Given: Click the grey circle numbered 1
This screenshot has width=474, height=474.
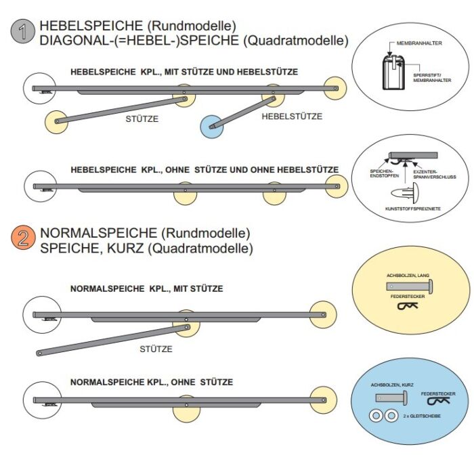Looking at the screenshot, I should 24,33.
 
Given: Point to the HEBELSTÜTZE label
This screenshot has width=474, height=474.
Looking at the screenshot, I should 292,116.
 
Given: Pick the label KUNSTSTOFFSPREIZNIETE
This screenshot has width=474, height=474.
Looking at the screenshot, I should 412,209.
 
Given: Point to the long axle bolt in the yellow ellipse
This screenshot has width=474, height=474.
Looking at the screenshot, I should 406,286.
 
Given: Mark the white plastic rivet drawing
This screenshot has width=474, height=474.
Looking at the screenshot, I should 412,190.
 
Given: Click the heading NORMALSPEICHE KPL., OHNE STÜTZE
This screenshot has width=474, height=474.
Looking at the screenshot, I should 152,383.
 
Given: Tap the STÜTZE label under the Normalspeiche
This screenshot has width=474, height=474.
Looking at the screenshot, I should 156,349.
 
